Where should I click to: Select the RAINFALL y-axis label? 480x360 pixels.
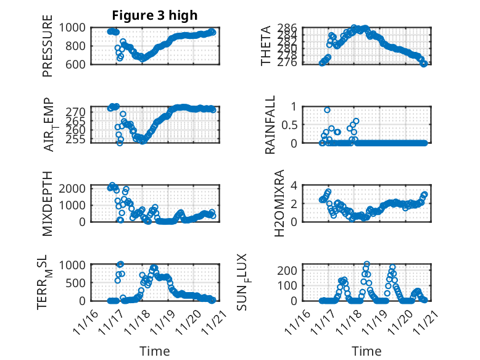[x=271, y=124]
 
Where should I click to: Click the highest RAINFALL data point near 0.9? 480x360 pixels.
[x=327, y=110]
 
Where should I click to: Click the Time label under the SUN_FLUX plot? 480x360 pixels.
[x=366, y=351]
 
